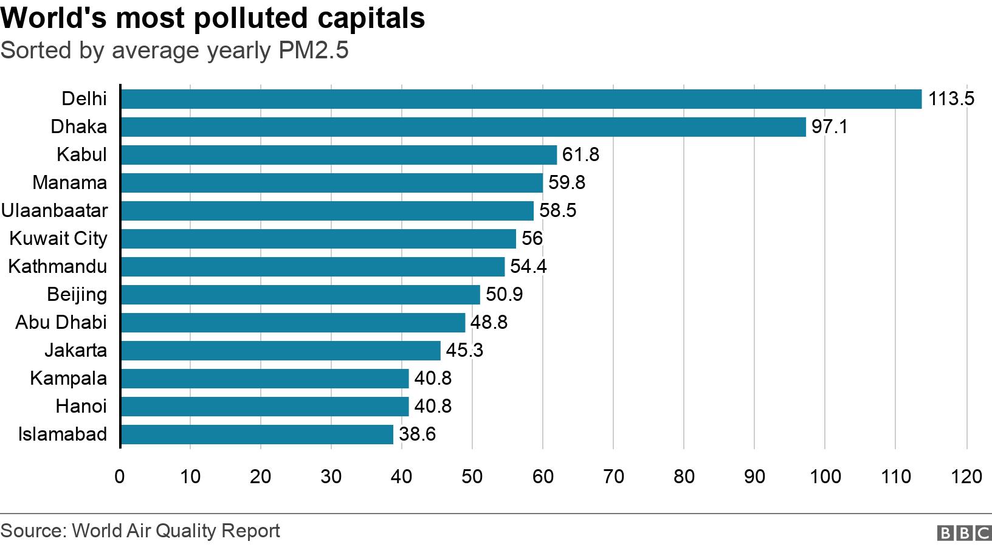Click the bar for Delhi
[x=521, y=98]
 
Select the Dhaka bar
[x=463, y=126]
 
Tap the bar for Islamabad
[x=257, y=434]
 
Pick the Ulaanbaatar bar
[x=327, y=210]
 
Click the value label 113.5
[x=951, y=98]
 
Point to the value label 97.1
[x=829, y=126]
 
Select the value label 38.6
[x=418, y=434]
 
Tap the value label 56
[x=532, y=238]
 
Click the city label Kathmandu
[x=58, y=266]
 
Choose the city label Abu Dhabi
[x=61, y=322]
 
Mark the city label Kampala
[x=68, y=378]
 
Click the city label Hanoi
[x=81, y=406]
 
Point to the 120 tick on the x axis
[x=966, y=476]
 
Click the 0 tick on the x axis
[x=120, y=476]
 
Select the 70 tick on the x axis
[x=613, y=476]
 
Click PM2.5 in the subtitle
[x=314, y=50]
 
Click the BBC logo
[x=964, y=533]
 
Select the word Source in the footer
[x=31, y=531]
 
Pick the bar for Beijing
[x=300, y=294]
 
